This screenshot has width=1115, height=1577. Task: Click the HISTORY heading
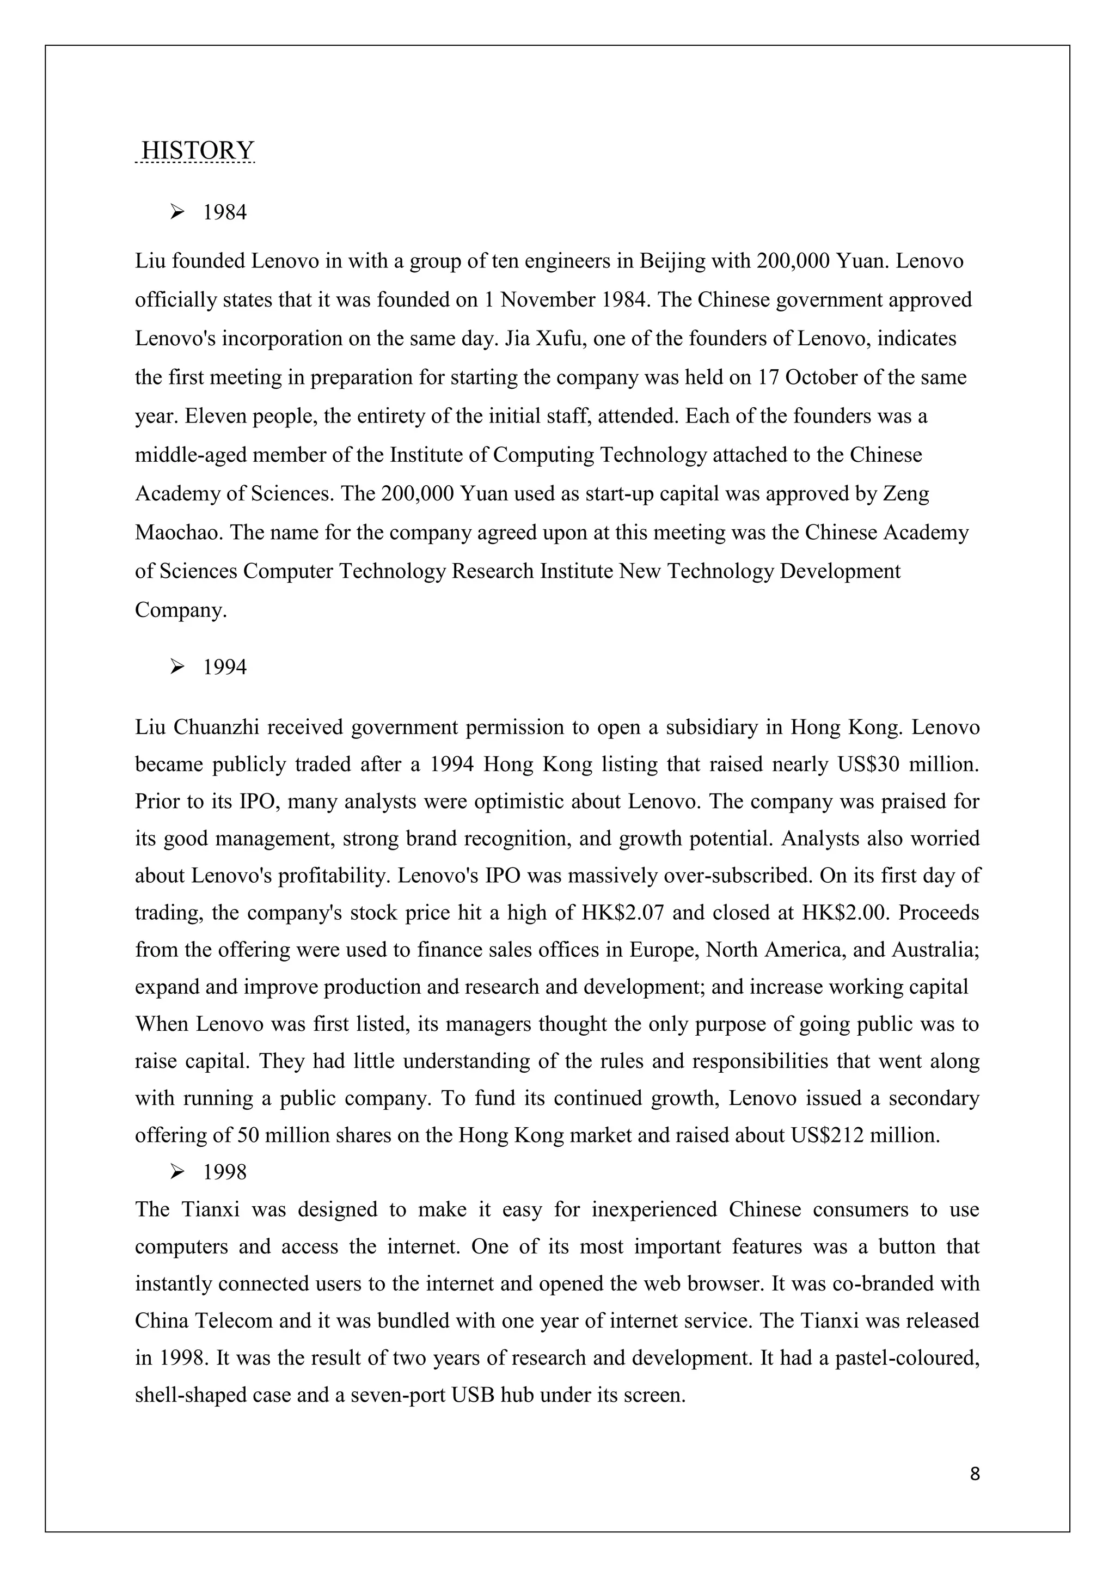pyautogui.click(x=197, y=150)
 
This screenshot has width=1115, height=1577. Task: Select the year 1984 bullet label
pyautogui.click(x=224, y=212)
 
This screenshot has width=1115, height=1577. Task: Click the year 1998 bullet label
pyautogui.click(x=224, y=1172)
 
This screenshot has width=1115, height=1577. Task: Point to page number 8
pyautogui.click(x=975, y=1474)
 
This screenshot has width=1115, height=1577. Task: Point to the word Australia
pyautogui.click(x=934, y=950)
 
